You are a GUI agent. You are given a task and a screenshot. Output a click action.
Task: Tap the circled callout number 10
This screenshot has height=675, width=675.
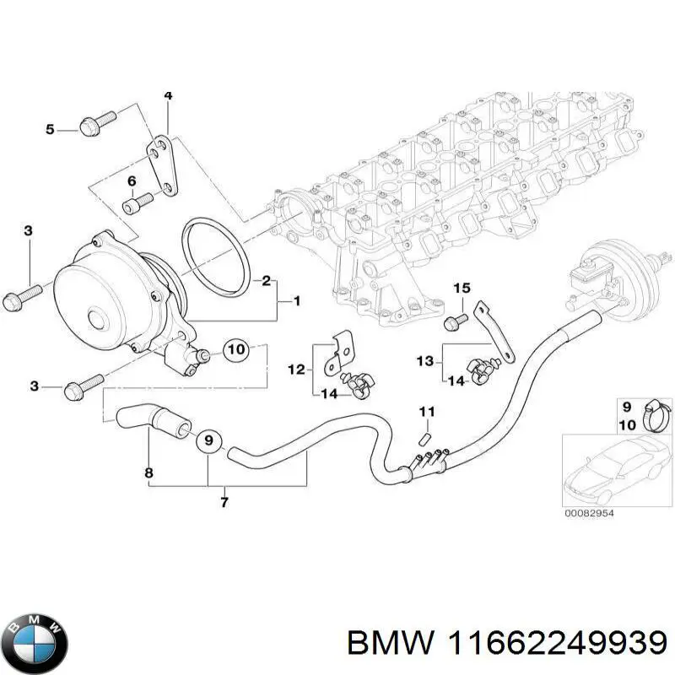235,348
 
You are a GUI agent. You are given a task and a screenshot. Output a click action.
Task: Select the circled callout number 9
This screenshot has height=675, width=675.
208,440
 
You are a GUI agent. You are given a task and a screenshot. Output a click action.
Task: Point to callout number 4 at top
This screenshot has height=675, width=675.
168,95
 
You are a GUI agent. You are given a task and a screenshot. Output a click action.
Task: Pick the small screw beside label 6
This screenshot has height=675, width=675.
138,202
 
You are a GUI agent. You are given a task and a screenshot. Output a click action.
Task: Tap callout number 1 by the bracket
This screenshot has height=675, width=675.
295,300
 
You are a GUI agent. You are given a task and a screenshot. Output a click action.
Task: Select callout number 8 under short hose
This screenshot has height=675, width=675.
148,472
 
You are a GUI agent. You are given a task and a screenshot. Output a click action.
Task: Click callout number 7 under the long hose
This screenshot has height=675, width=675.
224,504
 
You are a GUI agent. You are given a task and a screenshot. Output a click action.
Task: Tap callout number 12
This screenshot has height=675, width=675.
296,369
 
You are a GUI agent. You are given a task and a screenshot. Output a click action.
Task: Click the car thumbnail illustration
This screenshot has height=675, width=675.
613,469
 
